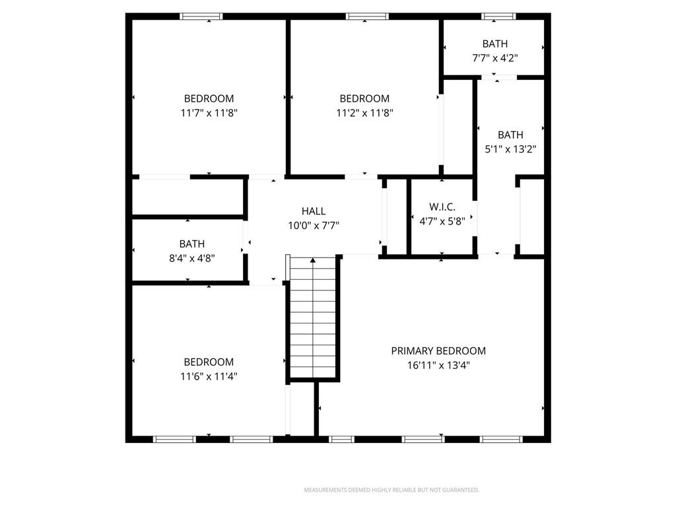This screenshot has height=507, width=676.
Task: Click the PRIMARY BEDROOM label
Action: tap(438, 351)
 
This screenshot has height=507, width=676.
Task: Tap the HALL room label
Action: tap(314, 211)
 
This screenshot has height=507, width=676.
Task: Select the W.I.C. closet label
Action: tap(442, 207)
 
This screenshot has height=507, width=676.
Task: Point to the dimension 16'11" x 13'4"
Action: tap(438, 366)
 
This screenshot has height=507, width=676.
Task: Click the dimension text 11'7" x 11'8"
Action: tap(209, 113)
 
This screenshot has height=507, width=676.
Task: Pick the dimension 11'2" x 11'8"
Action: tap(364, 113)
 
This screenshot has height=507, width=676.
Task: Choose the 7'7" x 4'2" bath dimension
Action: tap(495, 58)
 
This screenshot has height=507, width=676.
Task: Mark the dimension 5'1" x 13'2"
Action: tap(510, 150)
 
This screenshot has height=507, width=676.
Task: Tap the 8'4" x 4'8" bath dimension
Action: tap(192, 259)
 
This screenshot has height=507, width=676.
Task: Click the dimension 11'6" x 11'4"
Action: tap(209, 376)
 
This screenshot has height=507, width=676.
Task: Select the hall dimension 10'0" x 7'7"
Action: tap(314, 226)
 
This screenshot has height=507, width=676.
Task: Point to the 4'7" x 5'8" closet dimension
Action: tap(442, 222)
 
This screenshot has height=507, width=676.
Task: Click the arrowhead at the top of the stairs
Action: tap(312, 260)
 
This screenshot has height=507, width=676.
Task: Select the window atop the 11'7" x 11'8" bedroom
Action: tap(201, 17)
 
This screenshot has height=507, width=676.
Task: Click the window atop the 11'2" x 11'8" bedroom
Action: tap(367, 17)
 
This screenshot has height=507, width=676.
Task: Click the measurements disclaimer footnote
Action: tap(391, 490)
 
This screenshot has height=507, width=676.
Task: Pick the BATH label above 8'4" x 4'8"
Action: tap(192, 244)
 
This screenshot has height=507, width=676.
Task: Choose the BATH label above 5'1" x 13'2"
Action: tap(510, 135)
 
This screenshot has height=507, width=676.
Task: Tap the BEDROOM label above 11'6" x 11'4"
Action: tap(209, 362)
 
